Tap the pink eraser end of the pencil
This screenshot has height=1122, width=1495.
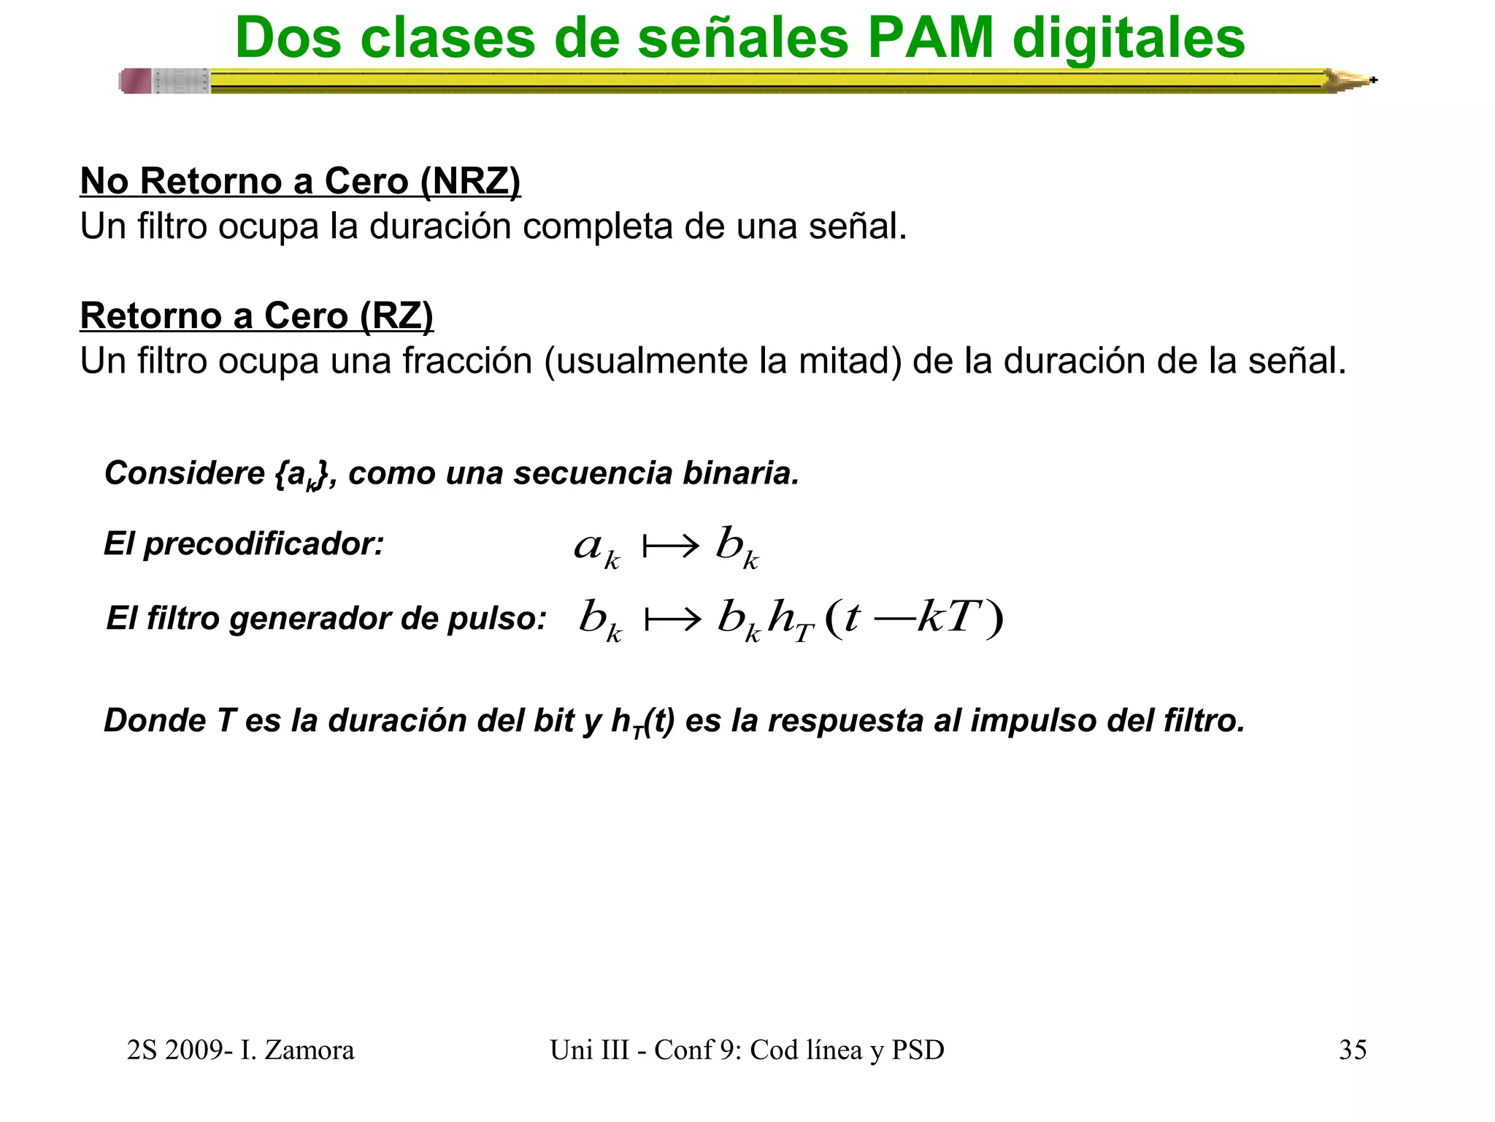click(x=136, y=81)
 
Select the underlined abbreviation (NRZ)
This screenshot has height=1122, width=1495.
click(x=471, y=181)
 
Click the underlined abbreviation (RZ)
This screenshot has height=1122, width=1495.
click(x=397, y=316)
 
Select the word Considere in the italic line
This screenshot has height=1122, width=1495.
click(x=184, y=473)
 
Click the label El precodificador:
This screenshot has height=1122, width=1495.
click(x=244, y=544)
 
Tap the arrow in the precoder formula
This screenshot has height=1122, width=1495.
click(x=670, y=546)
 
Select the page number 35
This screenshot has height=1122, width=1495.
click(x=1353, y=1050)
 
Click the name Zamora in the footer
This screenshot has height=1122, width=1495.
click(x=309, y=1050)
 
